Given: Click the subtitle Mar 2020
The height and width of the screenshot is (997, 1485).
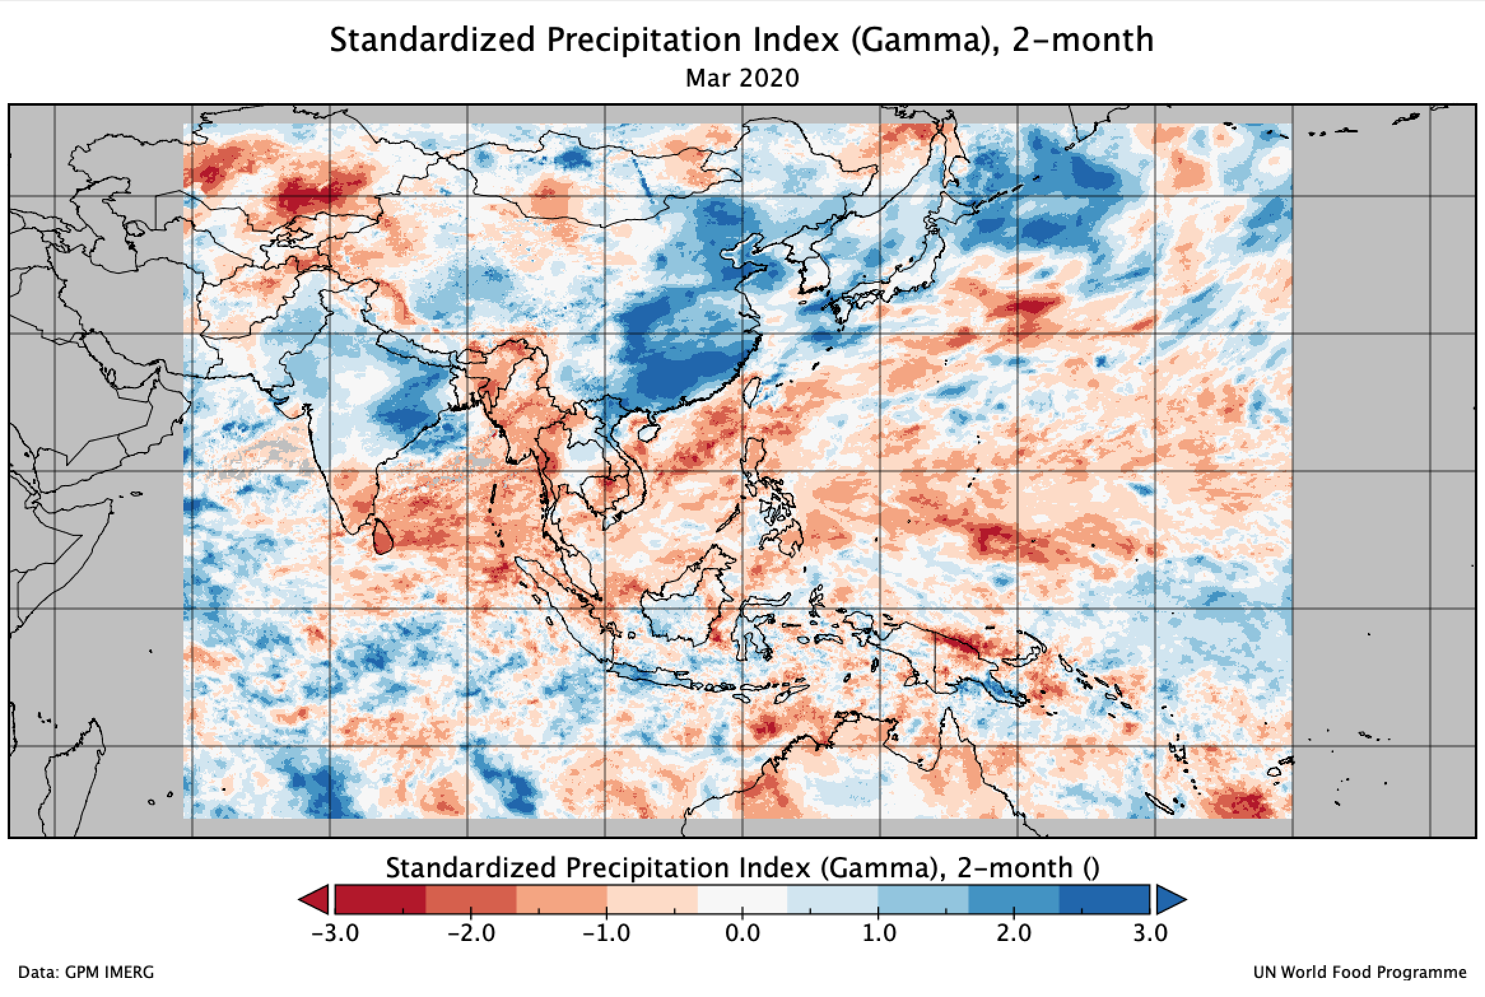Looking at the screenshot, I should point(742,78).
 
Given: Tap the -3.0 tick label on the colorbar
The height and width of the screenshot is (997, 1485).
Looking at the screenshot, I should point(335,934).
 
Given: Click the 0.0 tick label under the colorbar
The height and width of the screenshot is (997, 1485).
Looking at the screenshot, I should point(742,934).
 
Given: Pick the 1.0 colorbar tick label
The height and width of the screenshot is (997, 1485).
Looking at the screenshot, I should point(878,934).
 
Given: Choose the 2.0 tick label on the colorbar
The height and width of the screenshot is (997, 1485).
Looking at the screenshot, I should point(1014,934).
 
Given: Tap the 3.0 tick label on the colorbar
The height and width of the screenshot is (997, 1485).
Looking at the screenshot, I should point(1149,934).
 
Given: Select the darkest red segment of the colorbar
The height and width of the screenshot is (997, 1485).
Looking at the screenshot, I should point(380,900).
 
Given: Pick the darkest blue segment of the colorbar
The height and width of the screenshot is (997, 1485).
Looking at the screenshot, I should point(1104,900).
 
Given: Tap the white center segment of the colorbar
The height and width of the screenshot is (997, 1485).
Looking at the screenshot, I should point(742,900).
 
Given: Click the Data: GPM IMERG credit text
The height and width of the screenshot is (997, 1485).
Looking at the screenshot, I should point(86,973).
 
